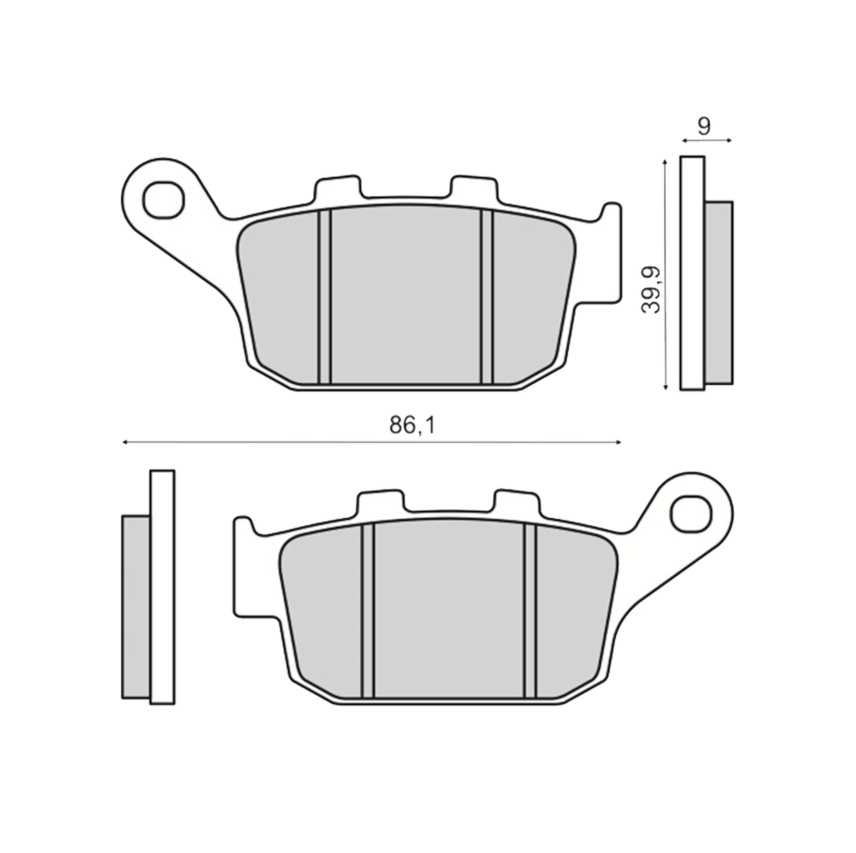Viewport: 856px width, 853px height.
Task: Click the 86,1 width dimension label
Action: pyautogui.click(x=413, y=425)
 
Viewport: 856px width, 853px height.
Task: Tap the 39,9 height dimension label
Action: pyautogui.click(x=652, y=290)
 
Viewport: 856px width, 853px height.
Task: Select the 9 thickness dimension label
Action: pyautogui.click(x=704, y=127)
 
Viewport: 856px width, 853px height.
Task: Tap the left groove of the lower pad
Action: pyautogui.click(x=368, y=610)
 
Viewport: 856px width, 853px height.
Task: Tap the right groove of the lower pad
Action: pyautogui.click(x=530, y=610)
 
